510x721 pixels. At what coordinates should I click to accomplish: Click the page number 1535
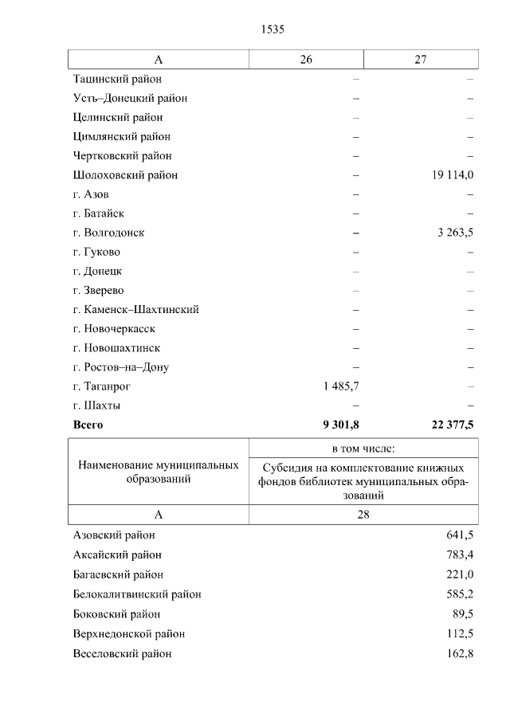[273, 29]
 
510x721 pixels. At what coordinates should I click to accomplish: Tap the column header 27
[421, 60]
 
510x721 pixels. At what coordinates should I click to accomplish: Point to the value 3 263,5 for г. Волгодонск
[455, 233]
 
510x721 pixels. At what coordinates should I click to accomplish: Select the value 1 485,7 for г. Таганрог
[341, 386]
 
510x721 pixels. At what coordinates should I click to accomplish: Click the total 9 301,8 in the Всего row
[341, 425]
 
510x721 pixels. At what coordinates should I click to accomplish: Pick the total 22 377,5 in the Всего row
[453, 425]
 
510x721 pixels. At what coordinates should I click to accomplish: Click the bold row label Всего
[88, 425]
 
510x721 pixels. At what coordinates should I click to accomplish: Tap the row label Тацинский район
[117, 79]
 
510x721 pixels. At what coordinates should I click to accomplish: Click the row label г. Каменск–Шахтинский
[135, 309]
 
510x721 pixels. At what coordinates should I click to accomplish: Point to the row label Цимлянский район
[121, 136]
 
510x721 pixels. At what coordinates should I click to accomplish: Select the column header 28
[363, 515]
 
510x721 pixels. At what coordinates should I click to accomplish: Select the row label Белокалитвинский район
[137, 594]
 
